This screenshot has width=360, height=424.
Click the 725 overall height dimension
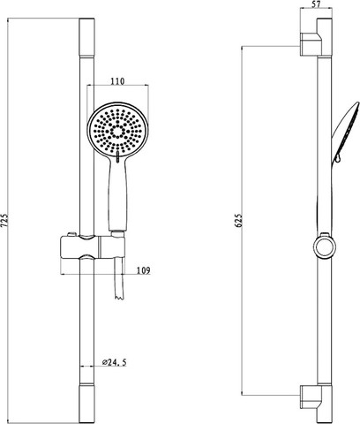[x=5, y=220]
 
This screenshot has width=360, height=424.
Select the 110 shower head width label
[x=117, y=81]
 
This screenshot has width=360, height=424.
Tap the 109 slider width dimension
[x=144, y=270]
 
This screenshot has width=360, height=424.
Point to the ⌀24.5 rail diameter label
[x=115, y=362]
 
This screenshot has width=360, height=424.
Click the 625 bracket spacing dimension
[x=239, y=220]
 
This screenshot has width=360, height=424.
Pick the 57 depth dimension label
[x=316, y=4]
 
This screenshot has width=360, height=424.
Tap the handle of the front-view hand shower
[x=118, y=194]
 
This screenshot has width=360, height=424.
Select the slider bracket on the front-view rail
[x=93, y=246]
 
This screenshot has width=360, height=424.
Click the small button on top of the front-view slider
[x=71, y=234]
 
